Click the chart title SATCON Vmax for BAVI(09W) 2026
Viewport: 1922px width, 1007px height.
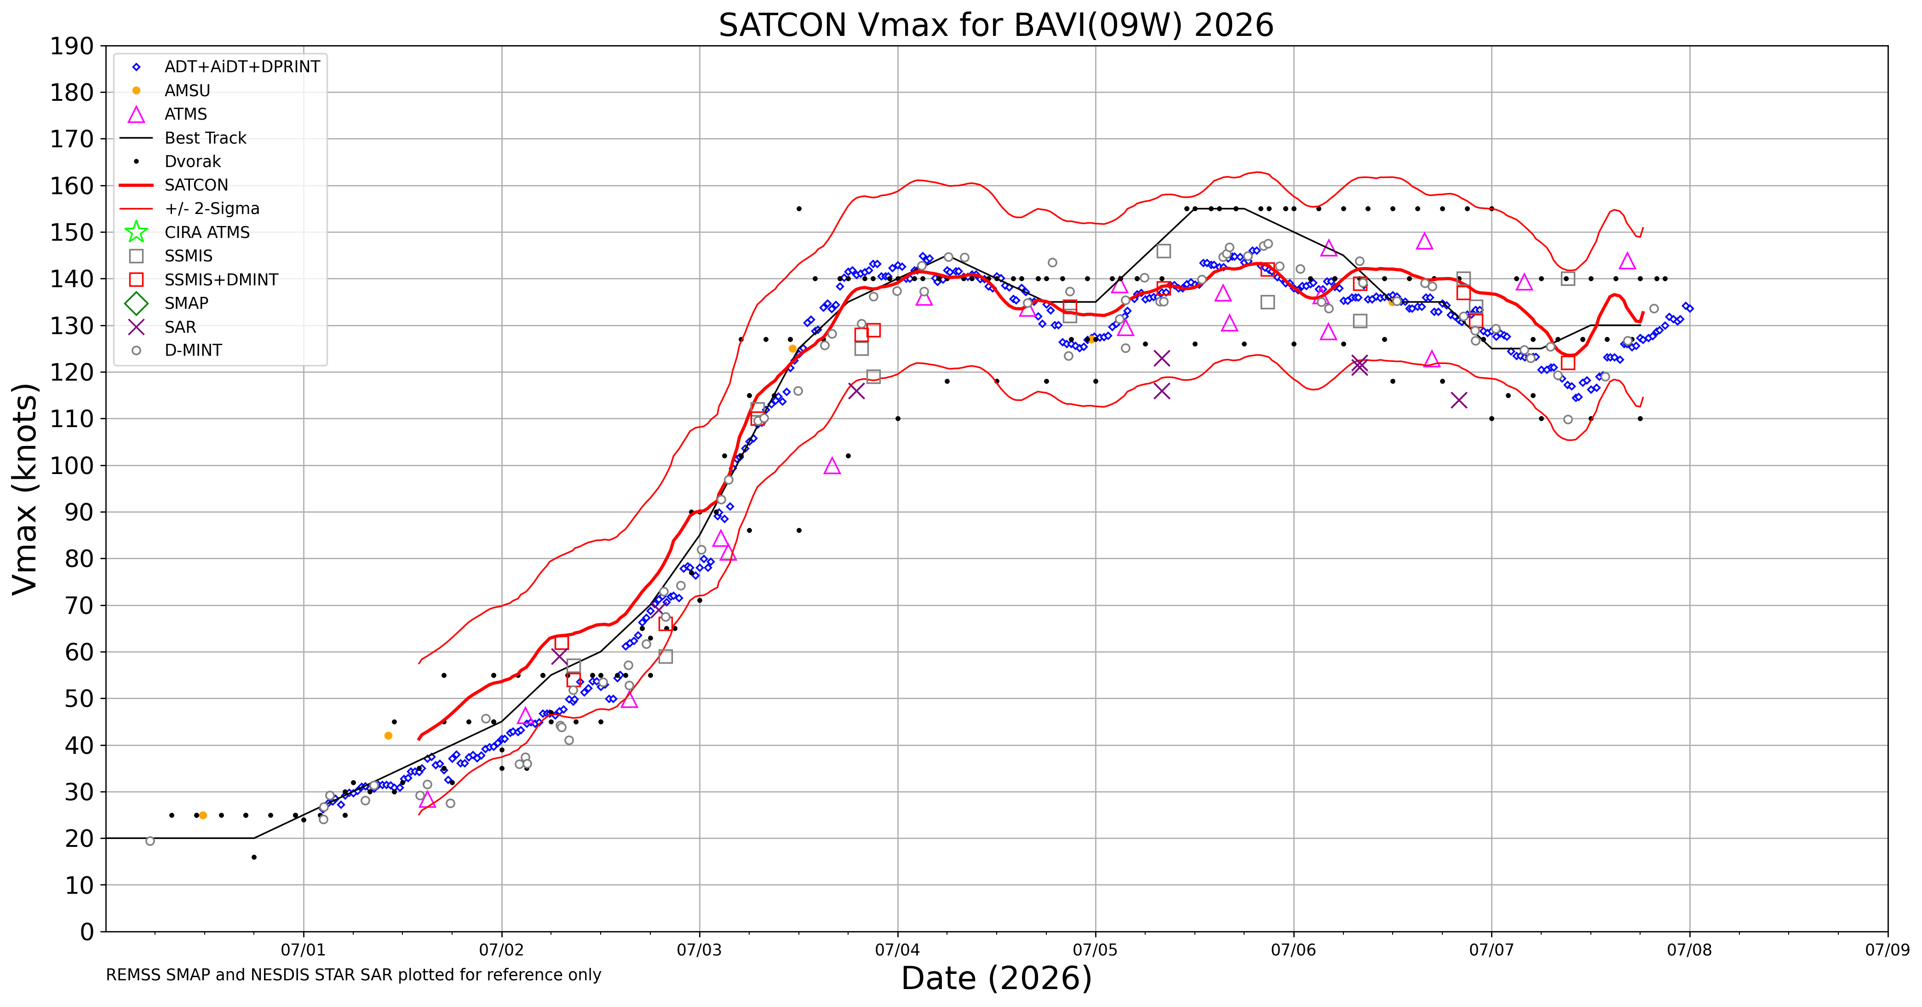click(x=996, y=25)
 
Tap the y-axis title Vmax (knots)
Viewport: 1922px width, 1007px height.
click(x=25, y=489)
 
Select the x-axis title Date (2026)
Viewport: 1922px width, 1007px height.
click(x=996, y=978)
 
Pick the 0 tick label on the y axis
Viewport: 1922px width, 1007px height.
click(x=87, y=932)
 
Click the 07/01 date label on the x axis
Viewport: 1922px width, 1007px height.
click(x=303, y=950)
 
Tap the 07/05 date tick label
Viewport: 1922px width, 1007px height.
click(x=1096, y=950)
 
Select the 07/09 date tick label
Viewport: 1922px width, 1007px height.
click(x=1887, y=950)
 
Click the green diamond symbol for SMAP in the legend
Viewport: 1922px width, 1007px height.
click(x=136, y=303)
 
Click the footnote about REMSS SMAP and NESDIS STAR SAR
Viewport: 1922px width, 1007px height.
click(x=354, y=975)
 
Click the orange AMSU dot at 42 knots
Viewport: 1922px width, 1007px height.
click(x=388, y=736)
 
